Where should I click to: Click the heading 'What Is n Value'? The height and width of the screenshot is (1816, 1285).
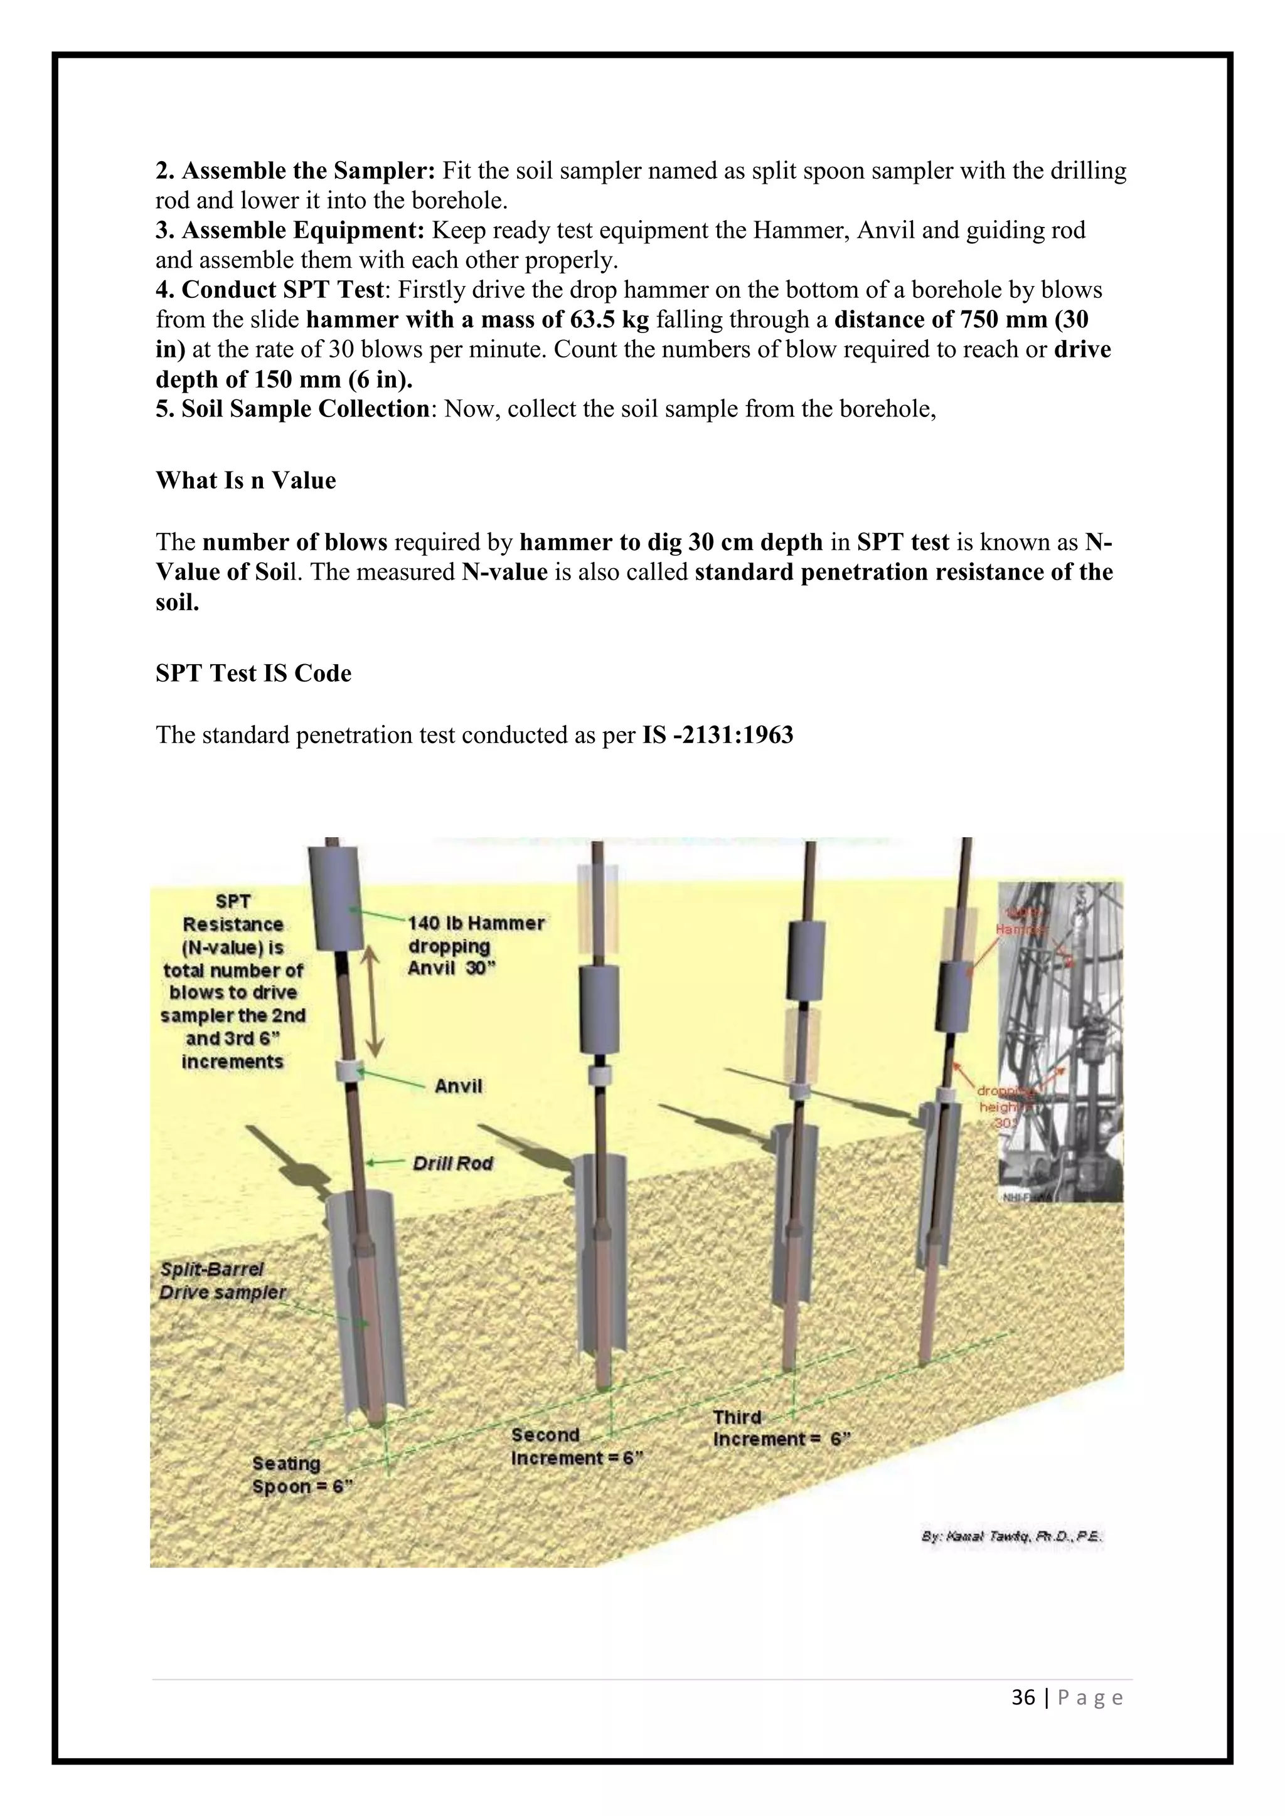coord(245,480)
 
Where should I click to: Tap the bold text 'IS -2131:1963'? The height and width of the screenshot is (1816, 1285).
coord(717,735)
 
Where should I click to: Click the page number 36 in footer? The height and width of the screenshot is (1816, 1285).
coord(1023,1697)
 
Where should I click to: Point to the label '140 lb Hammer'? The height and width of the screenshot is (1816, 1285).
coord(476,923)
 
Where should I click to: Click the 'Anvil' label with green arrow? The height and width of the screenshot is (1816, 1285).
coord(458,1086)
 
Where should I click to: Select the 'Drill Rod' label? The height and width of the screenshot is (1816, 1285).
coord(452,1163)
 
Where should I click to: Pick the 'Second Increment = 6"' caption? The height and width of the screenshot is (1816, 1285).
coord(576,1447)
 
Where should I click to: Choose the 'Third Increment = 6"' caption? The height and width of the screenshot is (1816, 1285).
coord(780,1428)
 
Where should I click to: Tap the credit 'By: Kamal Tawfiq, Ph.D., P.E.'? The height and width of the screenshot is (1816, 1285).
coord(1012,1536)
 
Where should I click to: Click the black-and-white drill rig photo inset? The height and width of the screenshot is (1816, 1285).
coord(1060,1040)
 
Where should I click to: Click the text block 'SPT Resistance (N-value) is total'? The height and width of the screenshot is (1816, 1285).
coord(233,981)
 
